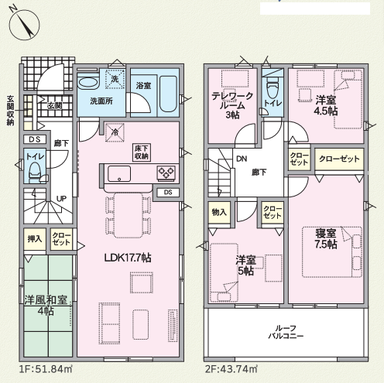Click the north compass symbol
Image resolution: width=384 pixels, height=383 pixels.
25,25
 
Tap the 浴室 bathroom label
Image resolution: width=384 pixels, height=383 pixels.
143,85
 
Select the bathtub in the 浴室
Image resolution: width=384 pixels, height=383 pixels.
168,94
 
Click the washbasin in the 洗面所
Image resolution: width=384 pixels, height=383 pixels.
88,82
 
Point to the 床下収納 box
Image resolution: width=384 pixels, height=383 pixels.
142,152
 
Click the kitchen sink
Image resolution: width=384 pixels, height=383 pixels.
119,174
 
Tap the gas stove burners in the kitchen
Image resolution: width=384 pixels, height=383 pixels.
166,173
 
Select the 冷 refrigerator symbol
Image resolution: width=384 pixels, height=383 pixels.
115,132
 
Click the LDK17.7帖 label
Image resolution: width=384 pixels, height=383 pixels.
128,258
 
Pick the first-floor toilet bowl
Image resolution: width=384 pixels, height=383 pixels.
34,173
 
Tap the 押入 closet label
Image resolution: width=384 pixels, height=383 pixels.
35,239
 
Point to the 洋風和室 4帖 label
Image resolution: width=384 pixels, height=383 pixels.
46,306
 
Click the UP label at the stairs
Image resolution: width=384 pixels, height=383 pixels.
61,199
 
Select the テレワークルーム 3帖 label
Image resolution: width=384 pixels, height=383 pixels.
232,105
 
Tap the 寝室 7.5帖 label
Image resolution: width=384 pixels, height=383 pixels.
326,238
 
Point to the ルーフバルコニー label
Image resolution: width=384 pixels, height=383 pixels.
286,332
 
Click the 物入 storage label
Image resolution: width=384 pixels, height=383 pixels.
219,212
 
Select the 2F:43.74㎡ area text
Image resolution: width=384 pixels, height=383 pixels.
231,369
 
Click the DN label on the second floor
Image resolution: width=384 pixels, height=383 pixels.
242,159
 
